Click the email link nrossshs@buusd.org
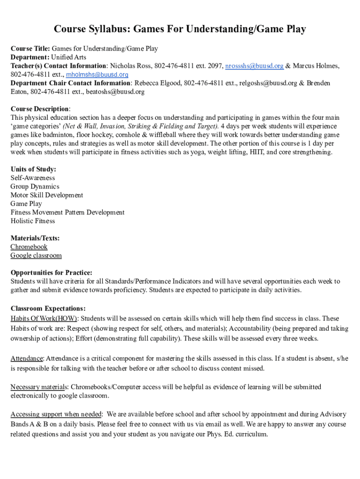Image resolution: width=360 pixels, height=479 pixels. pos(254,66)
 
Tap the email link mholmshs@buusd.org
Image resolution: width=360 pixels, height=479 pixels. pos(97,74)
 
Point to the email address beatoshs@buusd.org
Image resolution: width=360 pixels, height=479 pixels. pos(115,92)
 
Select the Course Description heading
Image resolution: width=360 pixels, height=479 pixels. pos(40,109)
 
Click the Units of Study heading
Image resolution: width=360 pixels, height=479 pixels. pos(33,169)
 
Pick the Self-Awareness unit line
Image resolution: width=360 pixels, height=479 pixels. pos(33,178)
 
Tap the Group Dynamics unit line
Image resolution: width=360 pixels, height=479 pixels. pos(35,186)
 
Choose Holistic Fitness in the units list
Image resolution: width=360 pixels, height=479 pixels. pos(33,221)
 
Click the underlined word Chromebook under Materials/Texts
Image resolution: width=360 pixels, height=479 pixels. pos(29,247)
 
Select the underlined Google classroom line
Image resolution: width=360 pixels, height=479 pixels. pos(36,255)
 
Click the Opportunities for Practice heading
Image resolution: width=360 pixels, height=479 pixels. pos(51,273)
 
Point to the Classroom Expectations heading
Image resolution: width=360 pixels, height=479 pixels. pos(48,309)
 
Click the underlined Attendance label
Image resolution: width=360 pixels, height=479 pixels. pos(27,359)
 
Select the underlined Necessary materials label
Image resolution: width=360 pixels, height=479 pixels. pos(39,387)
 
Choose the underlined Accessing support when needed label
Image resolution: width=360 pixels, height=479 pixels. pos(56,414)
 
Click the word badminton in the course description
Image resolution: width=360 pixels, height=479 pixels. pos(62,135)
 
